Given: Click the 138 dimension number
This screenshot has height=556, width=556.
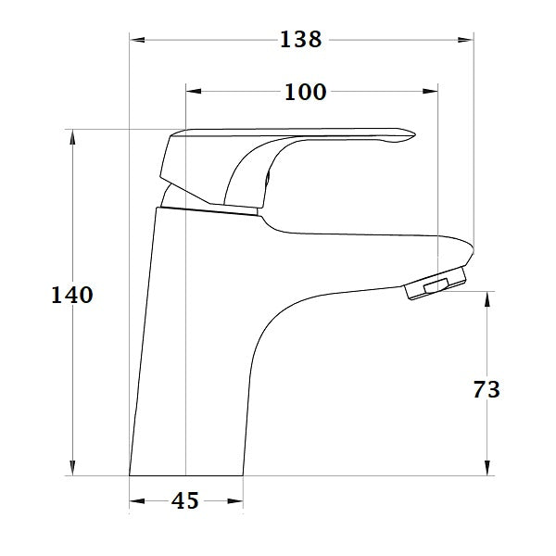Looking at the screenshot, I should point(301,40).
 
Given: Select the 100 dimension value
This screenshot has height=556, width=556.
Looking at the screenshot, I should point(306,92).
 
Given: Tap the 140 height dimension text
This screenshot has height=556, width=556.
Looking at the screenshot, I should point(71,296).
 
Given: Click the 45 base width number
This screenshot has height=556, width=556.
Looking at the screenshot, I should point(185,501).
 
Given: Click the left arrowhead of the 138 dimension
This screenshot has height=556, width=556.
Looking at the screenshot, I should point(135,40).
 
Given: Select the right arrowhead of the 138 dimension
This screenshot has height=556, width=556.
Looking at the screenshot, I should point(467,40).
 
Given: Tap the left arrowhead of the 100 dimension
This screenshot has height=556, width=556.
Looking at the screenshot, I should point(193,91).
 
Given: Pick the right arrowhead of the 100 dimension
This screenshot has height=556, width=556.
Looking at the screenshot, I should point(430,91).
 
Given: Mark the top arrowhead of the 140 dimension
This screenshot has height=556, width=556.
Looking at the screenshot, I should point(71,135).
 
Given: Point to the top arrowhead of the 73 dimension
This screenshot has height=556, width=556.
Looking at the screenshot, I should point(487,297).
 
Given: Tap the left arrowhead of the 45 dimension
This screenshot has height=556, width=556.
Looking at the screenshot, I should point(135,501).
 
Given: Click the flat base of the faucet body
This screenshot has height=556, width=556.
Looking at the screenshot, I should point(185,473).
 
